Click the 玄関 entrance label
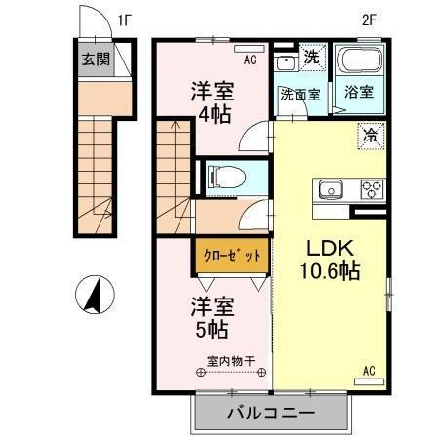pos(95,60)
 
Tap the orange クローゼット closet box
pos(231,256)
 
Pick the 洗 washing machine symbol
pos(311,57)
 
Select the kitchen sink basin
pos(327,187)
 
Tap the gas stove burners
pos(372,189)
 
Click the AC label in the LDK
pos(370,371)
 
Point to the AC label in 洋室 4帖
pos(250,60)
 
